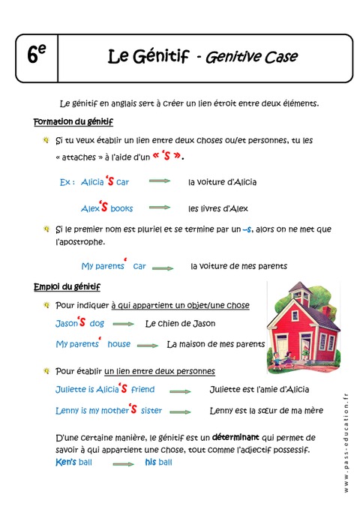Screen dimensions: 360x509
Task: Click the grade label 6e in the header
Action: [36, 55]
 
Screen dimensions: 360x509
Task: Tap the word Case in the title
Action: [280, 56]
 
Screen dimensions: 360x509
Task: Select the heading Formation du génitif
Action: [73, 121]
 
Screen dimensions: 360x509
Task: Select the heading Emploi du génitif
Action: [67, 287]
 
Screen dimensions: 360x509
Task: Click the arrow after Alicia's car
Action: [159, 181]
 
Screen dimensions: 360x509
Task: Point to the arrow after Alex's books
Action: [159, 208]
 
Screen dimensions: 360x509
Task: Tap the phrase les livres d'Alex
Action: [217, 208]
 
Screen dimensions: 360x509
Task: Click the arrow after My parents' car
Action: [162, 267]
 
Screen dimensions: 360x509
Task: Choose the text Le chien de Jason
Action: [180, 324]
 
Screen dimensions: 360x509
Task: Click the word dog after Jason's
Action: [97, 324]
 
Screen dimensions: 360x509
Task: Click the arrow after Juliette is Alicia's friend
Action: [180, 391]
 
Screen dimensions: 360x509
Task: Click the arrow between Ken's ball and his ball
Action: [123, 464]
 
